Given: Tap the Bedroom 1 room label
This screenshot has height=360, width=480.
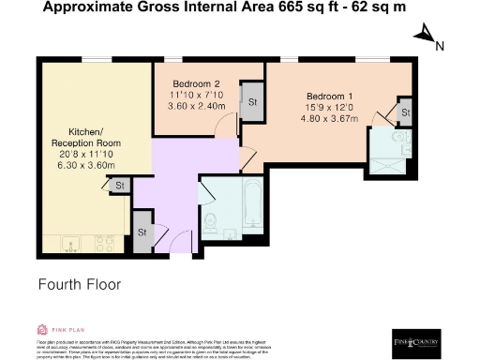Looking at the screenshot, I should [x=329, y=96].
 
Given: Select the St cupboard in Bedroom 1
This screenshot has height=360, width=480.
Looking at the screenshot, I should [x=404, y=113].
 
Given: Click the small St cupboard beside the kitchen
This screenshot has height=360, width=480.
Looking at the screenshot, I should [x=120, y=187].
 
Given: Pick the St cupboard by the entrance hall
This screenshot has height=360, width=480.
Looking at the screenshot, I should [x=142, y=232].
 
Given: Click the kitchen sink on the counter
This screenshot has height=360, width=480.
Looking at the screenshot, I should [x=69, y=247].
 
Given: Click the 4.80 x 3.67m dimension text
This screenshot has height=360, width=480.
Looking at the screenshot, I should [x=329, y=119].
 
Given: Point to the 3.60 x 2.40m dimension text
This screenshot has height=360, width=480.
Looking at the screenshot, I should [x=196, y=105].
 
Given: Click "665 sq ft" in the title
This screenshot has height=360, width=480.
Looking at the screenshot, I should [x=297, y=8].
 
